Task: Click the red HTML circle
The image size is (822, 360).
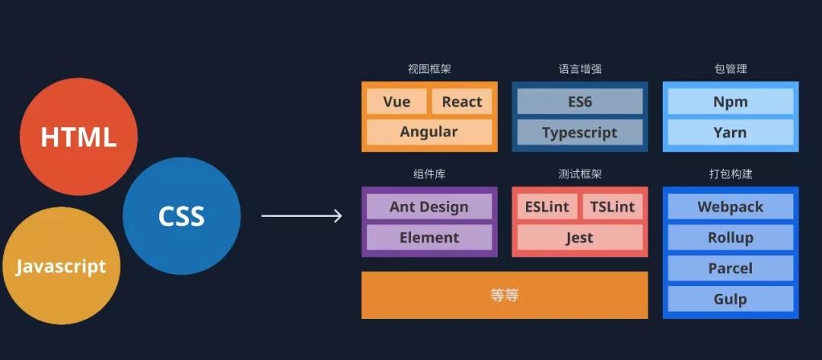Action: tap(78, 136)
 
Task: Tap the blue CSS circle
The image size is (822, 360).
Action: tap(181, 215)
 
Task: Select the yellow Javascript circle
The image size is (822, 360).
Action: tap(61, 266)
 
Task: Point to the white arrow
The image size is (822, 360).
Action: tap(301, 216)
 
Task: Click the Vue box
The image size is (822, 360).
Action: tap(397, 102)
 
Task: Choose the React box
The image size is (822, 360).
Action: tap(462, 102)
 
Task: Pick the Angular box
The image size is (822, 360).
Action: tap(429, 132)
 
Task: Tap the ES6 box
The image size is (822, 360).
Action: tap(580, 102)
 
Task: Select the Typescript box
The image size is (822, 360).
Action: tap(580, 132)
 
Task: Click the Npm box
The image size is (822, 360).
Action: tap(731, 102)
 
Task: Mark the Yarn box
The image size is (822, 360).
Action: tap(731, 132)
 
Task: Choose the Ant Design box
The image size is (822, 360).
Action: tap(429, 207)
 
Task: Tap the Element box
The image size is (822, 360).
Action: tap(429, 237)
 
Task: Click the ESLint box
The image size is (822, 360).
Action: tap(547, 207)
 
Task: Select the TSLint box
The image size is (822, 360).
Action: tap(613, 207)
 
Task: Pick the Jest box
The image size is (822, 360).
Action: tap(580, 237)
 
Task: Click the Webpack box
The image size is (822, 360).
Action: tap(731, 207)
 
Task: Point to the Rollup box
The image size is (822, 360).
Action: tap(731, 237)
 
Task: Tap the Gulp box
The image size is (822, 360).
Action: tap(731, 299)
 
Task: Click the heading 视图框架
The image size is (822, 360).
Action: tap(429, 69)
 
